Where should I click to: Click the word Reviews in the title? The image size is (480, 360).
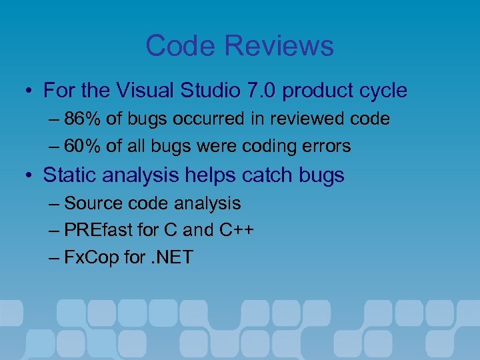279,46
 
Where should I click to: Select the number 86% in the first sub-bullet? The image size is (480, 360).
83,119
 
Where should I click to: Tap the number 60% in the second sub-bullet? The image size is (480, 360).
83,145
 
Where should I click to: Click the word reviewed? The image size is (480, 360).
305,119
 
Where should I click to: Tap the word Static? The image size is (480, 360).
71,175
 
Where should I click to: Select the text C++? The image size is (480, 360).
236,230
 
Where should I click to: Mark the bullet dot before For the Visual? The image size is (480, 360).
28,91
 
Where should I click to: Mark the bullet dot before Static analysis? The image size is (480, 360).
28,176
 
